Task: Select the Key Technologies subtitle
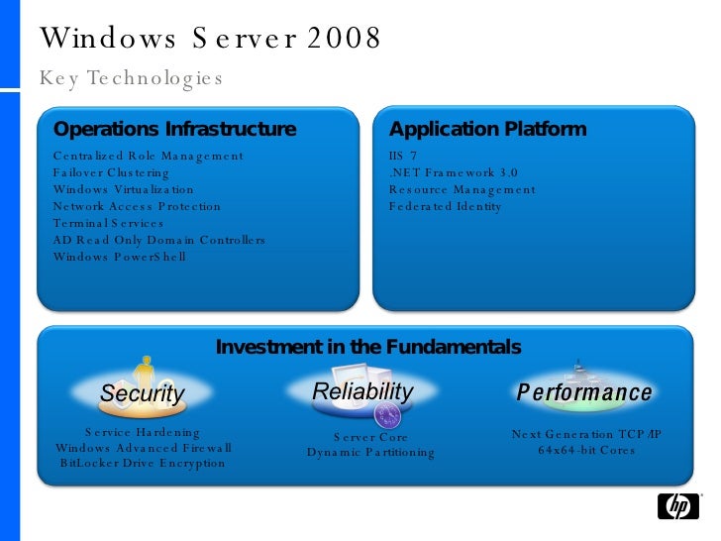point(131,78)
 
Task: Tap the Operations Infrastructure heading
point(174,130)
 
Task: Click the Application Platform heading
point(487,130)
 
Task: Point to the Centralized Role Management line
point(148,156)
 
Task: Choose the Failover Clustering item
point(111,172)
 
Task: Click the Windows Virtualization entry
point(124,189)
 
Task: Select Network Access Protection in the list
point(137,206)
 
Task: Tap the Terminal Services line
point(108,223)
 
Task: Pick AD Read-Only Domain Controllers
point(159,240)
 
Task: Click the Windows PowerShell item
point(119,257)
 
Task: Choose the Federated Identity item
point(445,206)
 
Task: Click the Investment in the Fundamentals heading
point(368,348)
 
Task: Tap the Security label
point(143,394)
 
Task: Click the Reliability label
point(362,391)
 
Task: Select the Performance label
point(584,393)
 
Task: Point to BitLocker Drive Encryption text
point(143,463)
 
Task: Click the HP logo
point(680,506)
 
